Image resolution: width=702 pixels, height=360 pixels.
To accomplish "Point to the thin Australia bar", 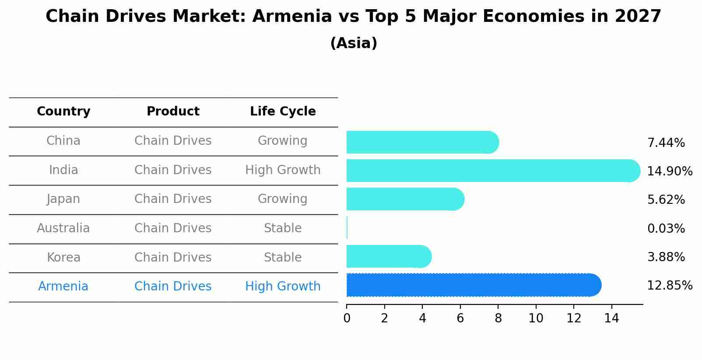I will [347, 228].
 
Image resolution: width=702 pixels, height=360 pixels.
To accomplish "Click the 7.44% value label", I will [666, 143].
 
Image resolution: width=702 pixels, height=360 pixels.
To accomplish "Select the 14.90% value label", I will [669, 171].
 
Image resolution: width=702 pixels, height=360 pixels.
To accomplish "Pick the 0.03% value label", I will [666, 228].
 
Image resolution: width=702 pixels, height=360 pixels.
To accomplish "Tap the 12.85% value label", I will [669, 286].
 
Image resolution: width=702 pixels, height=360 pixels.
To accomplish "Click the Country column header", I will [63, 112].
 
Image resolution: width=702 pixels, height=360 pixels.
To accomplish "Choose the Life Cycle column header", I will [283, 112].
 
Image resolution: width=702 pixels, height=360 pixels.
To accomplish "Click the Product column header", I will [173, 112].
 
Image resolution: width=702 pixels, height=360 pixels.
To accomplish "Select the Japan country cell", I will [63, 199].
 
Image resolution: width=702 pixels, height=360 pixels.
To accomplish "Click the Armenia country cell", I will [63, 287].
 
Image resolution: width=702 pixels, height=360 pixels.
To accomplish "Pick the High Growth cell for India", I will [283, 170].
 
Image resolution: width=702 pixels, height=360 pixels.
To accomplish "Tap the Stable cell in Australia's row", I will [283, 228].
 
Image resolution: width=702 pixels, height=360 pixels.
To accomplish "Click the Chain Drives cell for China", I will [173, 141].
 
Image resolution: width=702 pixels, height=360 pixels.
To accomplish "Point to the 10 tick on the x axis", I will [536, 318].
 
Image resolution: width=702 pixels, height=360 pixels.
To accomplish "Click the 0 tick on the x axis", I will [347, 318].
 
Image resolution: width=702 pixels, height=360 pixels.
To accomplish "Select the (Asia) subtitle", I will [354, 43].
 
